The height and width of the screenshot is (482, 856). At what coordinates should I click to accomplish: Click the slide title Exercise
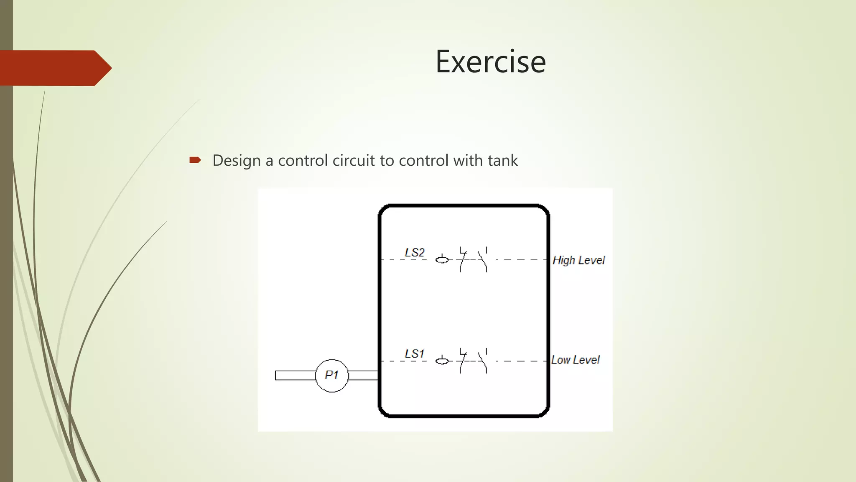click(490, 62)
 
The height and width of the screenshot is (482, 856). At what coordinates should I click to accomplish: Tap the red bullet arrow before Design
click(195, 160)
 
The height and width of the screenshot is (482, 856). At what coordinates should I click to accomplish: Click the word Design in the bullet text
click(236, 161)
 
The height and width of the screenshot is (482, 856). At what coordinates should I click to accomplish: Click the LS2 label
click(414, 253)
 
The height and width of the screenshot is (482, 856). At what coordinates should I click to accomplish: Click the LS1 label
click(414, 354)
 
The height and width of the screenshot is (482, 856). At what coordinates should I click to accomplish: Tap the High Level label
click(578, 260)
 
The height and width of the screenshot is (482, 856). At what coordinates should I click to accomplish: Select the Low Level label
click(575, 360)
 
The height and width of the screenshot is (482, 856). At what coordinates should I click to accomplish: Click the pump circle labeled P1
click(331, 375)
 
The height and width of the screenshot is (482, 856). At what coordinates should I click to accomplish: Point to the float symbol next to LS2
click(442, 259)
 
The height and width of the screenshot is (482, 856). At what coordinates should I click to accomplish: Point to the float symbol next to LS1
click(442, 360)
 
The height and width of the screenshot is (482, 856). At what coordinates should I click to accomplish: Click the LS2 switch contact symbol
click(473, 259)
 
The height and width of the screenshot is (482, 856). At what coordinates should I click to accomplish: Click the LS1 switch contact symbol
click(473, 360)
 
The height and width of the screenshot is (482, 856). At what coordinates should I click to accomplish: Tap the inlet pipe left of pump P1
click(295, 375)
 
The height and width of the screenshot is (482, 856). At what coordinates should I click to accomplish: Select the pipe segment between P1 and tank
click(363, 375)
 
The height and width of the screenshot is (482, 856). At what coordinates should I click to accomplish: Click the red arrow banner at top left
click(54, 68)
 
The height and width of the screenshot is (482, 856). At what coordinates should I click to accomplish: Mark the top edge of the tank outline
click(464, 206)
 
